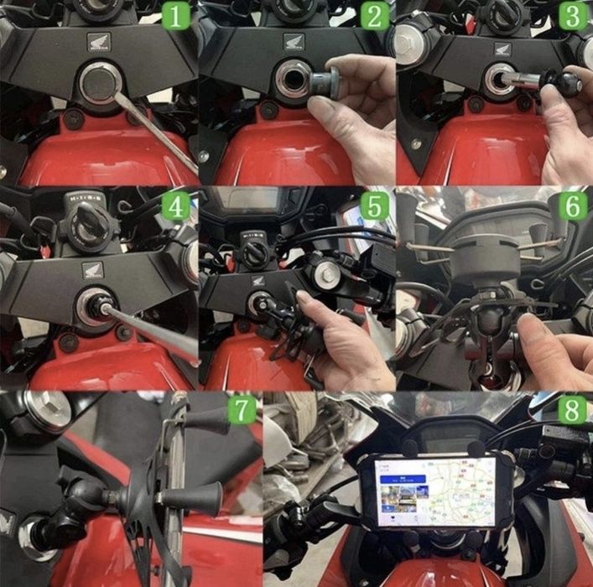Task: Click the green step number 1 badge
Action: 177,16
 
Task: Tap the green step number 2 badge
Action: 375,16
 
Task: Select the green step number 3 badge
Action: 574,16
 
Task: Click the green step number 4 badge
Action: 177,206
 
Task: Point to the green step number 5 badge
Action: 375,206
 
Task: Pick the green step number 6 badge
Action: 574,206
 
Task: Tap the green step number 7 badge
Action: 241,411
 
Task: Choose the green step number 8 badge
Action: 574,411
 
